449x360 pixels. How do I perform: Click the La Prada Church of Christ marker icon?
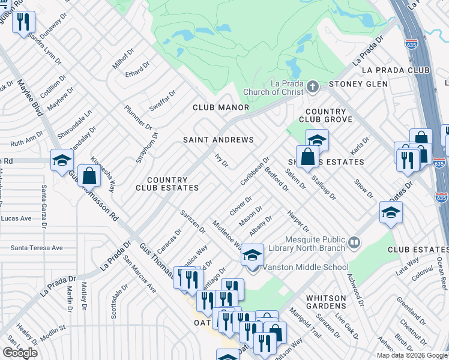(312, 88)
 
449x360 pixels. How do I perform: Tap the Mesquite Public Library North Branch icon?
(355, 242)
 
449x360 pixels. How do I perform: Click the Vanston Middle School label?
(306, 268)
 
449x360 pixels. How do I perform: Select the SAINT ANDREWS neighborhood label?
(218, 140)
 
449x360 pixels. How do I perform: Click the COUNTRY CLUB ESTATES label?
(173, 184)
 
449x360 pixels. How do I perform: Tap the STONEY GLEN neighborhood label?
(358, 84)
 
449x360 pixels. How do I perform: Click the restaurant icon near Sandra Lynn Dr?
(23, 22)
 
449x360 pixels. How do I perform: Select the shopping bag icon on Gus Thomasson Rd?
(89, 176)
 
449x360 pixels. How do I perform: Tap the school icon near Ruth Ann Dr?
(62, 160)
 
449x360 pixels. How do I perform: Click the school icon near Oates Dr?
(390, 212)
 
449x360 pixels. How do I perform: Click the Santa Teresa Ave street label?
(37, 248)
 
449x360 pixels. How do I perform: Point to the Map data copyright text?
(412, 355)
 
